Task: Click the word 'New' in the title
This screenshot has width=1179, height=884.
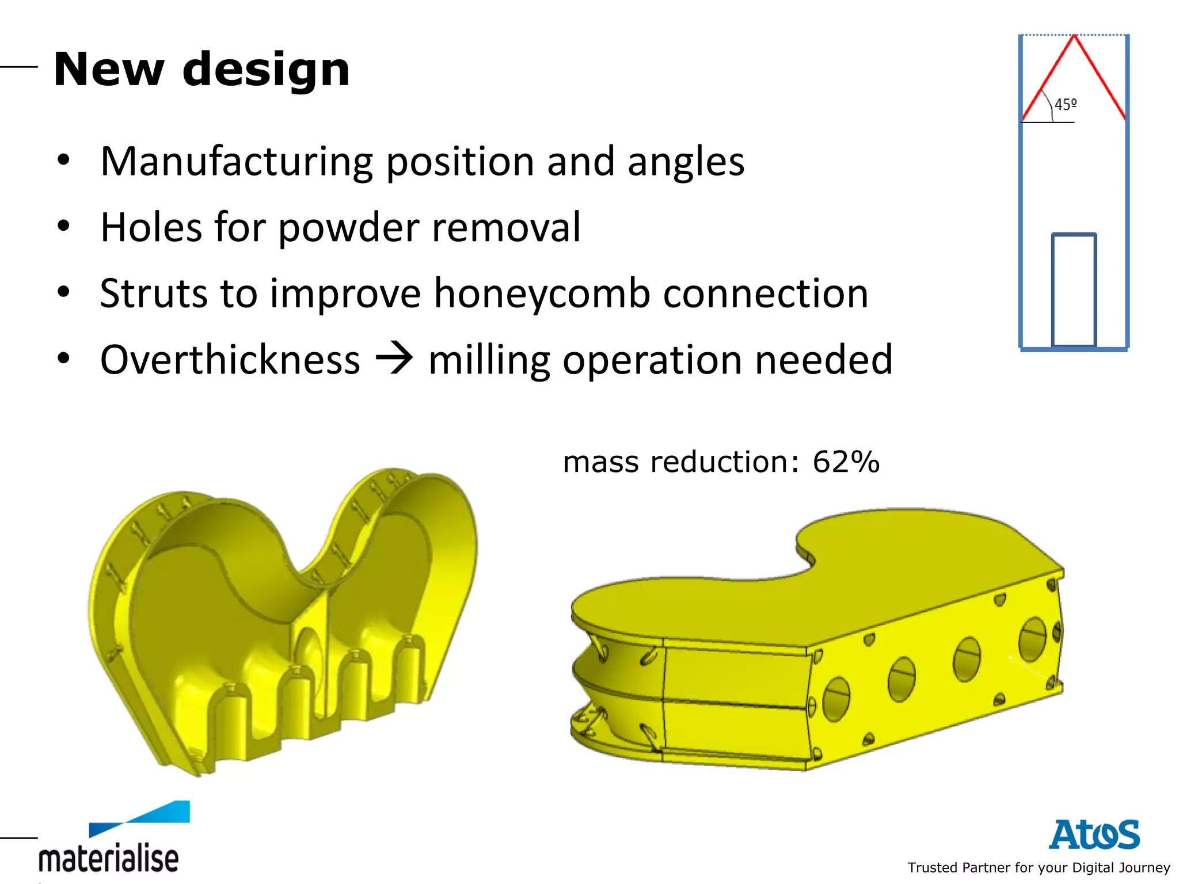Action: tap(109, 70)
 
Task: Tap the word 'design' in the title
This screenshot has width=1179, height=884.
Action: tap(266, 70)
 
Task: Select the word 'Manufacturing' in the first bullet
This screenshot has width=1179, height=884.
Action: tap(237, 162)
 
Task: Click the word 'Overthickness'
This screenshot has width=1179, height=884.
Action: tap(230, 360)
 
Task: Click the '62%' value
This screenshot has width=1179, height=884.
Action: tap(846, 462)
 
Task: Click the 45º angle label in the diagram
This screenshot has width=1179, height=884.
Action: tap(1065, 105)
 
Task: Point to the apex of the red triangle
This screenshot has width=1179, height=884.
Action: tap(1074, 37)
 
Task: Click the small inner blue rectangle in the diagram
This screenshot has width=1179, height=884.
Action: tap(1074, 289)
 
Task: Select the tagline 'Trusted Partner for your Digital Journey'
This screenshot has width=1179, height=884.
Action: tap(1039, 867)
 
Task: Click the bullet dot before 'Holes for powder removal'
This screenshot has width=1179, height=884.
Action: tap(63, 226)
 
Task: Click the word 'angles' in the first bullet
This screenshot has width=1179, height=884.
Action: tap(686, 162)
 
